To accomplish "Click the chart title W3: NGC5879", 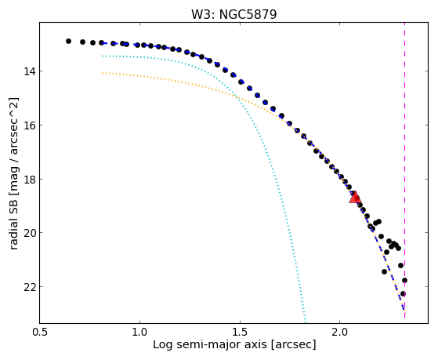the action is [233, 14].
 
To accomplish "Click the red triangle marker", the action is [355, 197].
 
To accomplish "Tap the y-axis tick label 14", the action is [30, 71].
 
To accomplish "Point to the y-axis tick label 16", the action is [30, 125].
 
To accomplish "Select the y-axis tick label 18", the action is [30, 179].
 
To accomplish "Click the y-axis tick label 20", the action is [30, 233].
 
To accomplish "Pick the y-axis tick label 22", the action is [30, 287].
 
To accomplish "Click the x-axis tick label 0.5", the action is [40, 332].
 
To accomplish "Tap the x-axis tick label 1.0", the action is [139, 332].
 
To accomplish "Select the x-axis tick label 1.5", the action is [240, 332].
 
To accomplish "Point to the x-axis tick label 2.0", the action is [339, 332].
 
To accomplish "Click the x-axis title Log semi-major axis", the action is [210, 345].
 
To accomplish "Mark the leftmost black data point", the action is [68, 41].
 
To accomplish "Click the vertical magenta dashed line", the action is [405, 170].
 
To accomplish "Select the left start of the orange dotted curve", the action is [103, 73].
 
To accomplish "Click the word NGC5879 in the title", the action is [248, 14].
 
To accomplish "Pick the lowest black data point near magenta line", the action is [403, 293].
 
